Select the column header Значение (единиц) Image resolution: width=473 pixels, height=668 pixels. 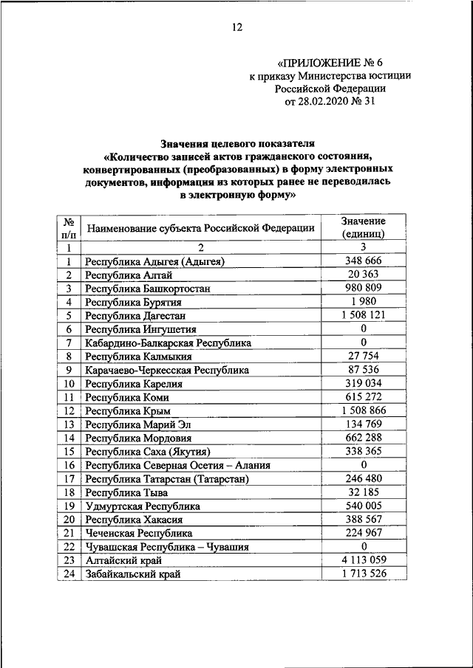pos(363,227)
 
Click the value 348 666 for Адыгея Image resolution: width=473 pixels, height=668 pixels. pos(363,261)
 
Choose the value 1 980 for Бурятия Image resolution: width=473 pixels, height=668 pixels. pos(363,301)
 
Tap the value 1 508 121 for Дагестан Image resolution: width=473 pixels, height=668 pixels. pos(363,315)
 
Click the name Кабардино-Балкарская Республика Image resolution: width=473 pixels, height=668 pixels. pos(168,342)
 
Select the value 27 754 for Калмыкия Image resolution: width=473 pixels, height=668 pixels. pos(363,356)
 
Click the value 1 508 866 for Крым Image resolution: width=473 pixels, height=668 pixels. pos(363,410)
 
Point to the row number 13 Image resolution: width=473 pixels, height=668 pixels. pos(69,424)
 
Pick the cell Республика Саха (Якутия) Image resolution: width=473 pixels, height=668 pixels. pos(148,451)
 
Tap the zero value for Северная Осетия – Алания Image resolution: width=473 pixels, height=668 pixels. pos(363,465)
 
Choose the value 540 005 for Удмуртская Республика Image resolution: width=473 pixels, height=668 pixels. pos(363,506)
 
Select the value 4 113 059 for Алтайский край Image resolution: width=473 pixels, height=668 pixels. pos(363,560)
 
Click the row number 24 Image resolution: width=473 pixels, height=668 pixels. pos(69,574)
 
